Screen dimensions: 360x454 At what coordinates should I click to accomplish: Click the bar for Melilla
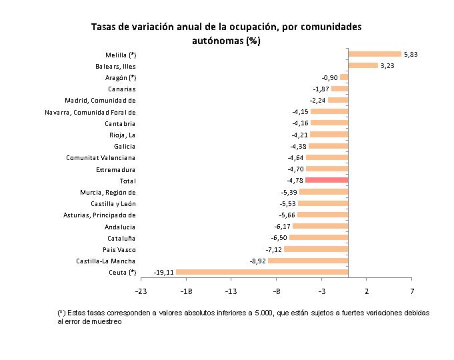point(375,54)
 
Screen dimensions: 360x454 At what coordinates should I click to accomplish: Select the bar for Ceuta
point(262,272)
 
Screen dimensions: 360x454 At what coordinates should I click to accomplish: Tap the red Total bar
point(327,180)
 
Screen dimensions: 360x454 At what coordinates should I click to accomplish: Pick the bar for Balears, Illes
point(363,65)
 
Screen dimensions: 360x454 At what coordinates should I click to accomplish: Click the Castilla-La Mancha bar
point(308,261)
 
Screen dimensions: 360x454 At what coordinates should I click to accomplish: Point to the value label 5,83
point(411,54)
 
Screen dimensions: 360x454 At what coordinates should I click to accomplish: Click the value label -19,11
point(164,272)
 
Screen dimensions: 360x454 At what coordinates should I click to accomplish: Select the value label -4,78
point(295,180)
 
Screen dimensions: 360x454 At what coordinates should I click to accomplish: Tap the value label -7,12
point(273,249)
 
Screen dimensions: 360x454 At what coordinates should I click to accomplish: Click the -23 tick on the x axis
point(141,291)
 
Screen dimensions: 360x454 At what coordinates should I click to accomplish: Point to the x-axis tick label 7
point(412,291)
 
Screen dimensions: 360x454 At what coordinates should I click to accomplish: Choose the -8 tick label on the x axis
point(276,291)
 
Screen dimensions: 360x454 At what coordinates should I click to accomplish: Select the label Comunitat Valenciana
point(101,157)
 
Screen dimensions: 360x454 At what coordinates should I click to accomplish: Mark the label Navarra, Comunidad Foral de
point(90,112)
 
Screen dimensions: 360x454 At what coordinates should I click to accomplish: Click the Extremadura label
point(116,169)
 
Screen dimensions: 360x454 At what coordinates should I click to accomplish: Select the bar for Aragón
point(344,77)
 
